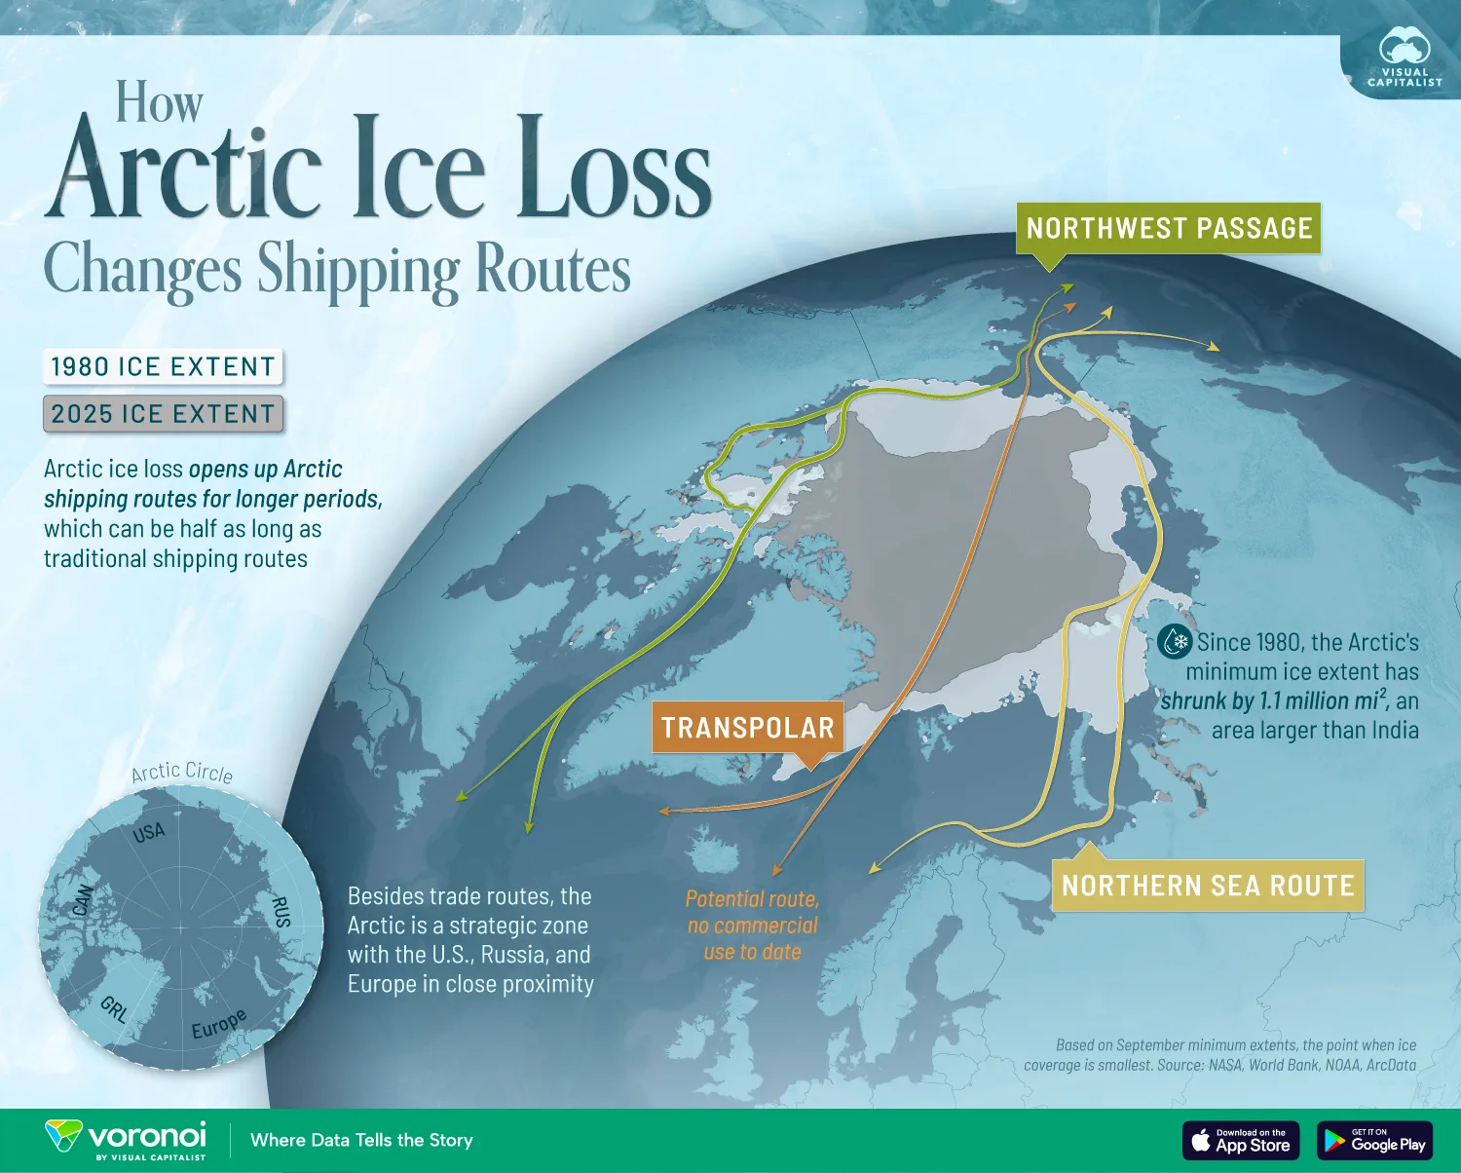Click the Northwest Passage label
click(x=1169, y=228)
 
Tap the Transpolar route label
click(x=747, y=728)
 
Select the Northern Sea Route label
click(x=1208, y=886)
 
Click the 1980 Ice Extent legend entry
click(x=163, y=366)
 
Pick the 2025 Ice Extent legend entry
click(x=163, y=414)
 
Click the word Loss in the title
click(x=614, y=170)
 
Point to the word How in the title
click(x=159, y=102)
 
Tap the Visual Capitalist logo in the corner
click(x=1405, y=59)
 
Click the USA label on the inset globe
click(x=149, y=832)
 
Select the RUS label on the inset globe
click(x=281, y=912)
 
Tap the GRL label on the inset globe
click(x=114, y=1009)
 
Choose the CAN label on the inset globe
click(x=83, y=900)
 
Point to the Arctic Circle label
click(x=182, y=773)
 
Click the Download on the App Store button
click(x=1241, y=1140)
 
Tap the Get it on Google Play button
click(x=1375, y=1140)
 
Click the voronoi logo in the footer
click(x=127, y=1139)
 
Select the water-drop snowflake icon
click(x=1176, y=642)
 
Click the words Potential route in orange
click(x=752, y=898)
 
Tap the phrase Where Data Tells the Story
click(x=361, y=1140)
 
